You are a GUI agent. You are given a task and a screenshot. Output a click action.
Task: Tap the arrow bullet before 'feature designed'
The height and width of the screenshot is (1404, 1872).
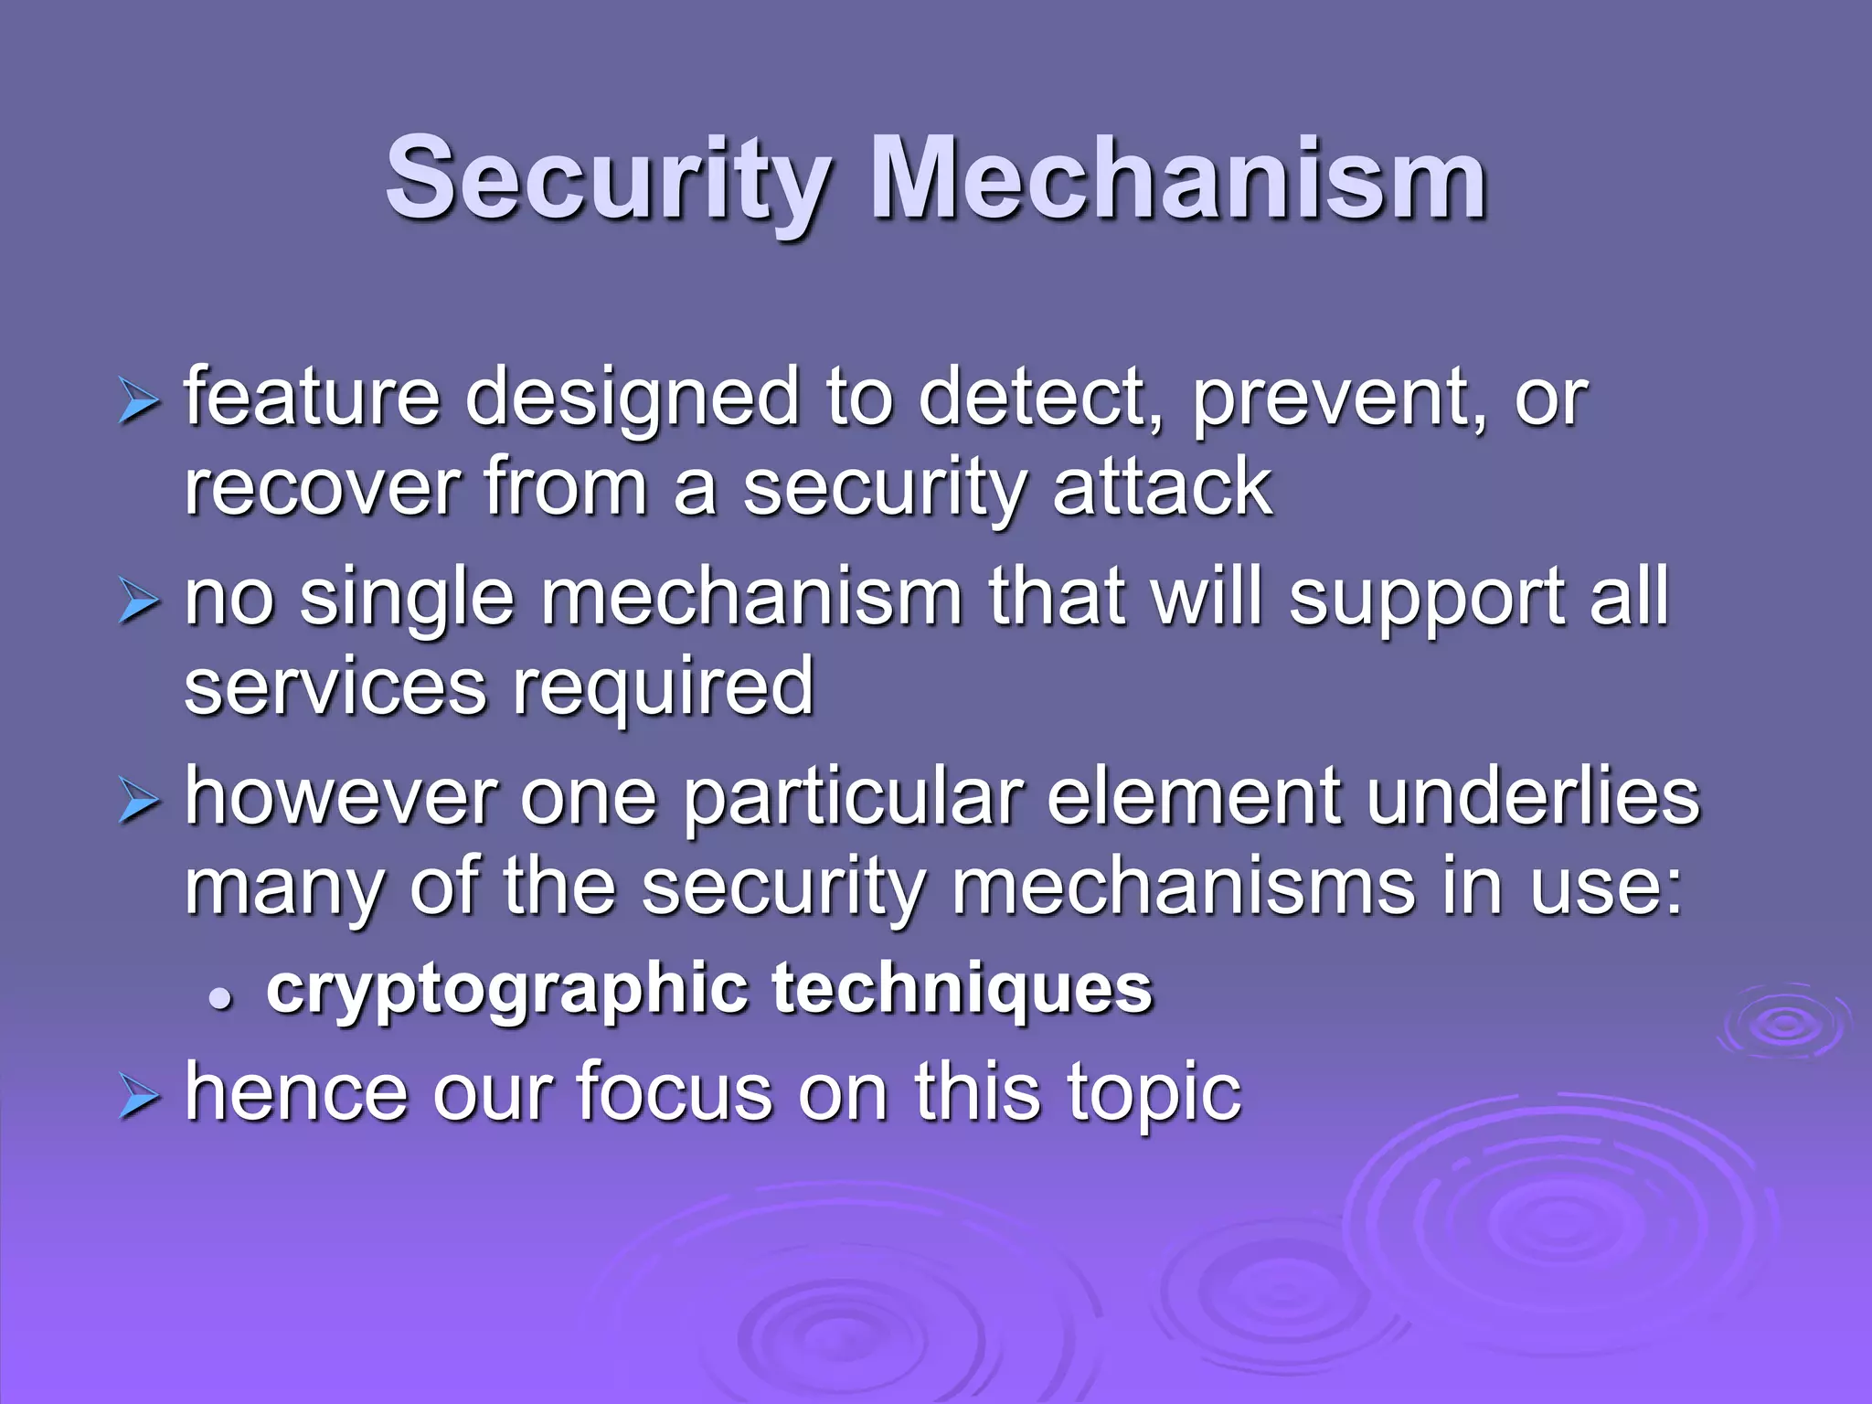[138, 402]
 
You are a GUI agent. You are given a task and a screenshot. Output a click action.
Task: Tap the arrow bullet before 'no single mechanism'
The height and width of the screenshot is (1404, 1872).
[138, 603]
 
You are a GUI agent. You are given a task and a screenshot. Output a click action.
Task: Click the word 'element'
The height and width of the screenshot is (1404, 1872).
[1194, 797]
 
